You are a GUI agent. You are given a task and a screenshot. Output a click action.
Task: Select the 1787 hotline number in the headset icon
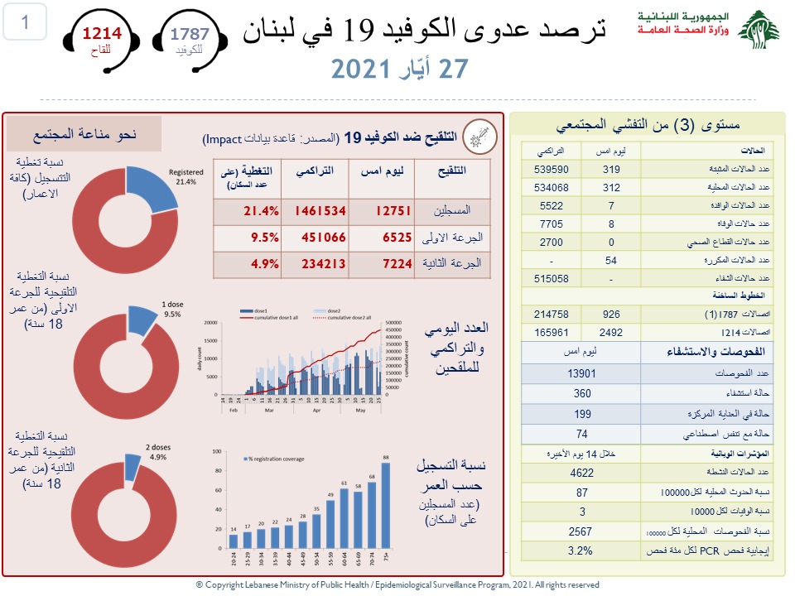tap(190, 33)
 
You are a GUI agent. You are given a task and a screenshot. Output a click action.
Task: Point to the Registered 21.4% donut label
tap(186, 177)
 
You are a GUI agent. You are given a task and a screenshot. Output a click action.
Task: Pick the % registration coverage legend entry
tap(273, 459)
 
